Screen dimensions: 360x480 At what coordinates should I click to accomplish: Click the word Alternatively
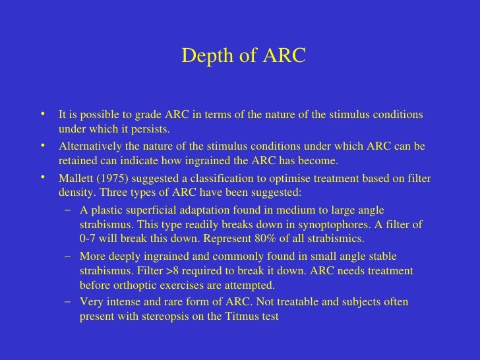(x=89, y=146)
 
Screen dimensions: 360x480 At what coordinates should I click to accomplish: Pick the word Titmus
(x=245, y=315)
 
